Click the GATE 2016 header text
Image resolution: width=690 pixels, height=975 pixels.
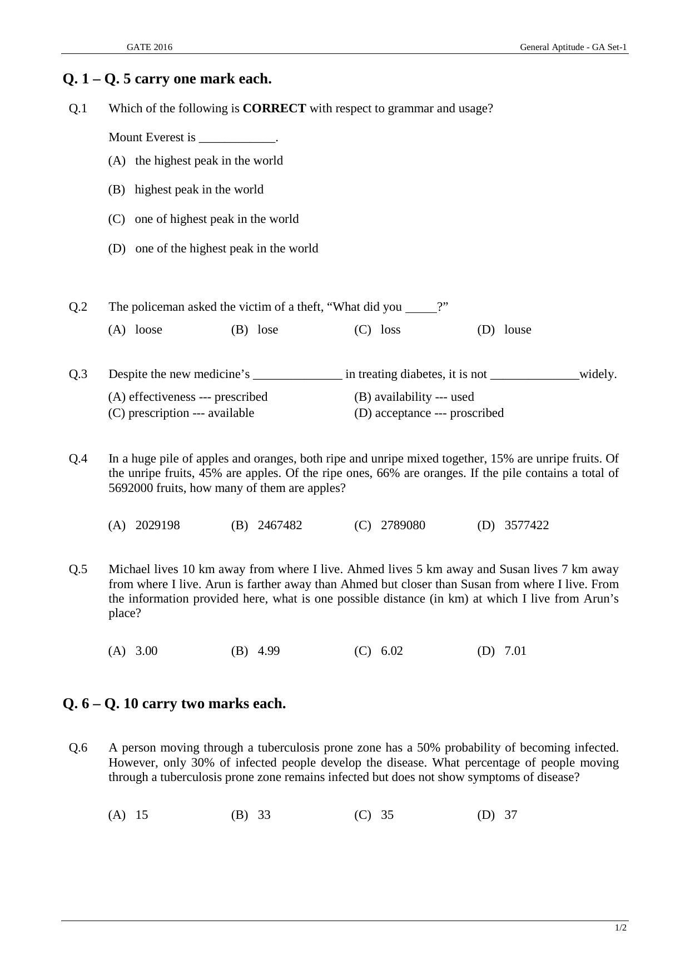tap(149, 47)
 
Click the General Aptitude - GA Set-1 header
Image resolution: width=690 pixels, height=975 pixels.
tap(573, 47)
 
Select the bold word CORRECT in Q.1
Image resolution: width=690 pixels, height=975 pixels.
tap(274, 108)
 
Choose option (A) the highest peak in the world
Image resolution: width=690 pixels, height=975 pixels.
tap(196, 161)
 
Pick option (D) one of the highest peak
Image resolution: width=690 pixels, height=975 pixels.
tap(213, 248)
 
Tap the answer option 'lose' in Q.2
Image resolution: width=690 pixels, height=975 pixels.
tap(267, 330)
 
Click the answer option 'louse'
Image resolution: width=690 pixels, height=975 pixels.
tap(517, 330)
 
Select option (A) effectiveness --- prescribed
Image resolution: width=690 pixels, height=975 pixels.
tap(188, 397)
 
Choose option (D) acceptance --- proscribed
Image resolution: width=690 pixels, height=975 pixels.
tap(429, 413)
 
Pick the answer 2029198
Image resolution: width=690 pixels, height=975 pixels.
tap(157, 525)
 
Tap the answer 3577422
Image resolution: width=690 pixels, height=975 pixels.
tap(526, 525)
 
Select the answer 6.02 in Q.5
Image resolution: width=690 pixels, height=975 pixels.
tap(391, 651)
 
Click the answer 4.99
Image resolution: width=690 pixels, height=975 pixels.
tap(269, 651)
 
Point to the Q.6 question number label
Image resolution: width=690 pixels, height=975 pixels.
tap(78, 748)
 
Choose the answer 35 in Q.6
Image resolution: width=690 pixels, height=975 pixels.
tap(387, 815)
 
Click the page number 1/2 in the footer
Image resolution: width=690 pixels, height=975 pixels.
tap(620, 928)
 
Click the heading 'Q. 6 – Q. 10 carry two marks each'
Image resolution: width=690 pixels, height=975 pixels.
tap(174, 704)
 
